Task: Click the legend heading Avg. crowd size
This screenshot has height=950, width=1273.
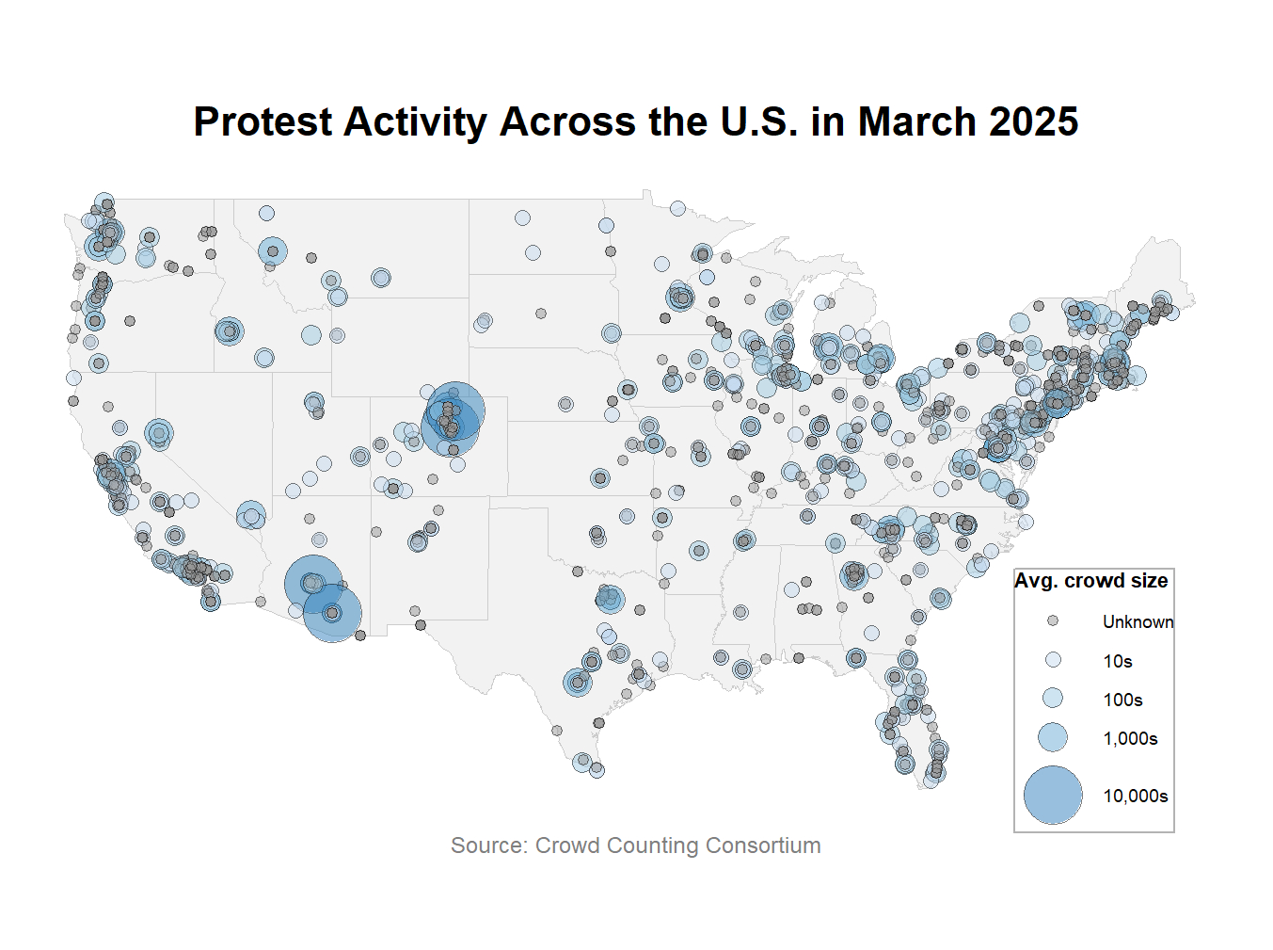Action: point(1090,581)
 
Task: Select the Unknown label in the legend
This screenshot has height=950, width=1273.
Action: point(1138,621)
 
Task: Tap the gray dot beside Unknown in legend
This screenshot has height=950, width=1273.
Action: point(1053,621)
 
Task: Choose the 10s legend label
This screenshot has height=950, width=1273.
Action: point(1118,661)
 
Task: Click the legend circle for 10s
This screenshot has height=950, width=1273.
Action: point(1053,660)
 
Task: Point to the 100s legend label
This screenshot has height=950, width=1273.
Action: point(1122,700)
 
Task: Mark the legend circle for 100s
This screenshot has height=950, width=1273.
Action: point(1053,699)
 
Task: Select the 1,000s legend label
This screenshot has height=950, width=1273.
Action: point(1130,738)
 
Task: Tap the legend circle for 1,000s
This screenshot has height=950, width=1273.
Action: point(1053,737)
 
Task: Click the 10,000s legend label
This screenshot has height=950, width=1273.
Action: point(1135,796)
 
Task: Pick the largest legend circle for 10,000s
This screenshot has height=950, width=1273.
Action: point(1053,796)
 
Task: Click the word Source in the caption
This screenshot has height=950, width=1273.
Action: point(487,845)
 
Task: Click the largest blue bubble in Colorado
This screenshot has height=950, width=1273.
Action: point(455,411)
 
